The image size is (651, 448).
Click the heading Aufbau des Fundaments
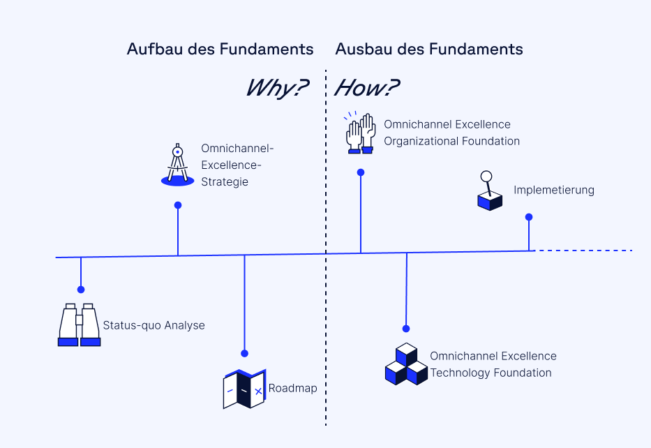(x=220, y=50)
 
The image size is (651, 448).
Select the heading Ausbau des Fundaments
(x=429, y=50)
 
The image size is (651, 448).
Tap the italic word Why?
(x=277, y=88)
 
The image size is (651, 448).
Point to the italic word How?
(x=367, y=88)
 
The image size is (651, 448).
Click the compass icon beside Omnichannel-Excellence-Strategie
(x=177, y=165)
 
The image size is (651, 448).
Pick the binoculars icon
(x=79, y=324)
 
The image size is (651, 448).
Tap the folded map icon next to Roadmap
(x=244, y=388)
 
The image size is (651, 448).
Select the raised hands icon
(x=361, y=133)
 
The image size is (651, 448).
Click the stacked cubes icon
(x=406, y=364)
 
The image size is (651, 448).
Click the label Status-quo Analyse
(x=154, y=325)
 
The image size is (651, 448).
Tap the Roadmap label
(x=292, y=389)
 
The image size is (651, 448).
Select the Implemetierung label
(x=554, y=190)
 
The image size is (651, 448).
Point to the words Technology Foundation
(x=491, y=373)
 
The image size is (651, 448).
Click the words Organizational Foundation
(x=451, y=141)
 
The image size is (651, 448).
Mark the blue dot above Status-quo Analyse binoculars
(x=81, y=290)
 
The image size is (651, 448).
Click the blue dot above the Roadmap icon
(x=244, y=353)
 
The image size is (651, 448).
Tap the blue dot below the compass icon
(x=178, y=205)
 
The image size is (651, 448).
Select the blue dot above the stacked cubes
(x=406, y=328)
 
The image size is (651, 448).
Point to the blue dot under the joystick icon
(x=529, y=216)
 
